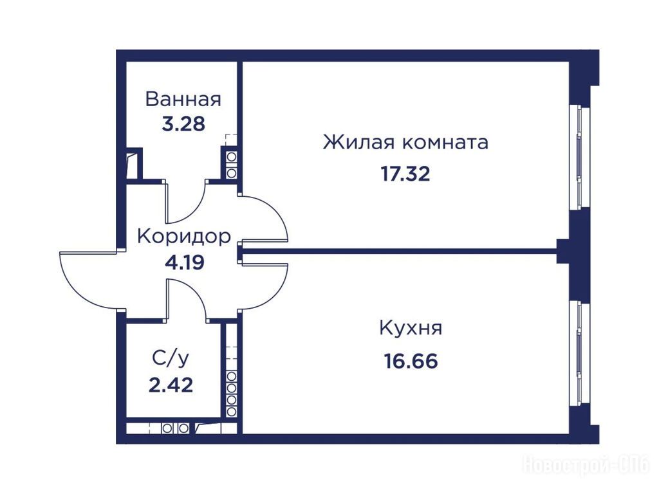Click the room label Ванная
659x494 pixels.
pos(183,100)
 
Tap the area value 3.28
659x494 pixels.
pos(183,124)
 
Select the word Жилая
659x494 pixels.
pos(359,142)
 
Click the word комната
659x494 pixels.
pos(445,143)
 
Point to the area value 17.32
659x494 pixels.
pos(405,174)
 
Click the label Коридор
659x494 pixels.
pos(184,237)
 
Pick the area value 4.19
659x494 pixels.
pos(185,262)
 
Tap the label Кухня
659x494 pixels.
pos(411,328)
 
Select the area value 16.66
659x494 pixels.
pos(411,361)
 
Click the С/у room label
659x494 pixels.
pos(171,358)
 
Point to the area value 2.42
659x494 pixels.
pos(171,385)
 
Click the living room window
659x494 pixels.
pos(579,157)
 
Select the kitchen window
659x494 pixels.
pos(579,354)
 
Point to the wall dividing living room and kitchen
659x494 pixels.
pos(399,252)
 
